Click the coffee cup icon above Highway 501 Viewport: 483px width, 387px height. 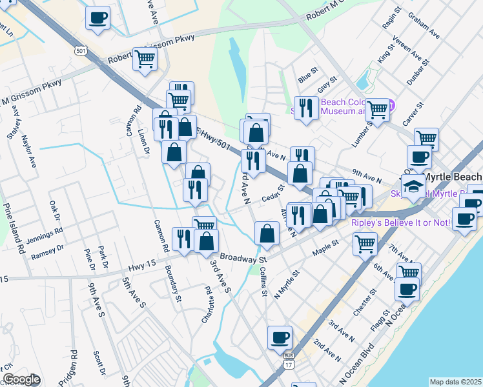[x=98, y=17]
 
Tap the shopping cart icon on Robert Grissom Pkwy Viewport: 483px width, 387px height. [x=145, y=59]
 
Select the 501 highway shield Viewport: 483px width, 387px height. [x=80, y=51]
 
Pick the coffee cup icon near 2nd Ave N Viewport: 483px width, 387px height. [x=280, y=337]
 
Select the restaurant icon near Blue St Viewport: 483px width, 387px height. [x=304, y=108]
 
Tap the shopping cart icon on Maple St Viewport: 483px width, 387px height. [x=365, y=244]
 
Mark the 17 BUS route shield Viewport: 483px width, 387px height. [x=288, y=361]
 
